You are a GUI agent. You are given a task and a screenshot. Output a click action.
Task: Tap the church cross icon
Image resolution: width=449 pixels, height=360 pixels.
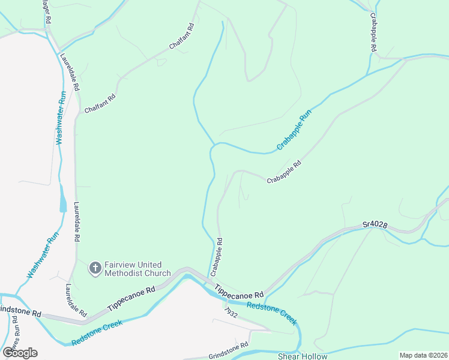click(x=95, y=268)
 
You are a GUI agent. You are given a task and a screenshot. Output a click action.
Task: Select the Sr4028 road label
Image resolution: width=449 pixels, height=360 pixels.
click(x=375, y=225)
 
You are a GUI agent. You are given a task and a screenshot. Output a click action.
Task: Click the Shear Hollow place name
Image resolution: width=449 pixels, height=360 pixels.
click(x=303, y=356)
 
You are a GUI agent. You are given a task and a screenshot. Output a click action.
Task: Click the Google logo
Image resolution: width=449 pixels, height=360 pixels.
click(x=19, y=352)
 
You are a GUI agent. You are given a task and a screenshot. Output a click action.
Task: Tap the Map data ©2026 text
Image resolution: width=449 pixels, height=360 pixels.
click(x=423, y=355)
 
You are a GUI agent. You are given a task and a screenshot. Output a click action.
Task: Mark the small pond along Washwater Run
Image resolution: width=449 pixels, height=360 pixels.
click(x=64, y=199)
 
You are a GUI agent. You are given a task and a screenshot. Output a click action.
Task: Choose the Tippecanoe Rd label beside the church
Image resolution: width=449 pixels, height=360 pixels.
click(x=131, y=298)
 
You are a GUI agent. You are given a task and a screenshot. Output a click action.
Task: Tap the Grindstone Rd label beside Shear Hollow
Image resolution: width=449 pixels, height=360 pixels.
click(x=228, y=350)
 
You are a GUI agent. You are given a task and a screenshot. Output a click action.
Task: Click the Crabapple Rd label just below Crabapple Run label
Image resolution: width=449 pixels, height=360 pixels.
click(x=284, y=172)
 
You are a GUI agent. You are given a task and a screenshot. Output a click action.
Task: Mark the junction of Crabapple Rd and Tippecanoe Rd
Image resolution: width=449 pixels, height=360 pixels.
click(x=211, y=277)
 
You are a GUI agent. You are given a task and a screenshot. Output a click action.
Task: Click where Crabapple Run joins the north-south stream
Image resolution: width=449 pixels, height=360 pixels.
click(x=214, y=145)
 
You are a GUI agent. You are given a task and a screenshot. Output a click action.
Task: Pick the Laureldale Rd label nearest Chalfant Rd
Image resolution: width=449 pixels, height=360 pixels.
click(x=70, y=73)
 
